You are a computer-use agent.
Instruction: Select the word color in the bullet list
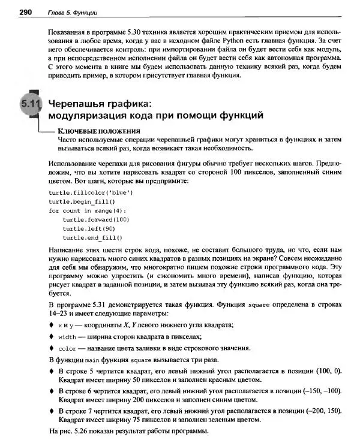[x=67, y=348]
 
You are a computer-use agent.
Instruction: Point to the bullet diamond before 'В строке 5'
[x=51, y=371]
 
